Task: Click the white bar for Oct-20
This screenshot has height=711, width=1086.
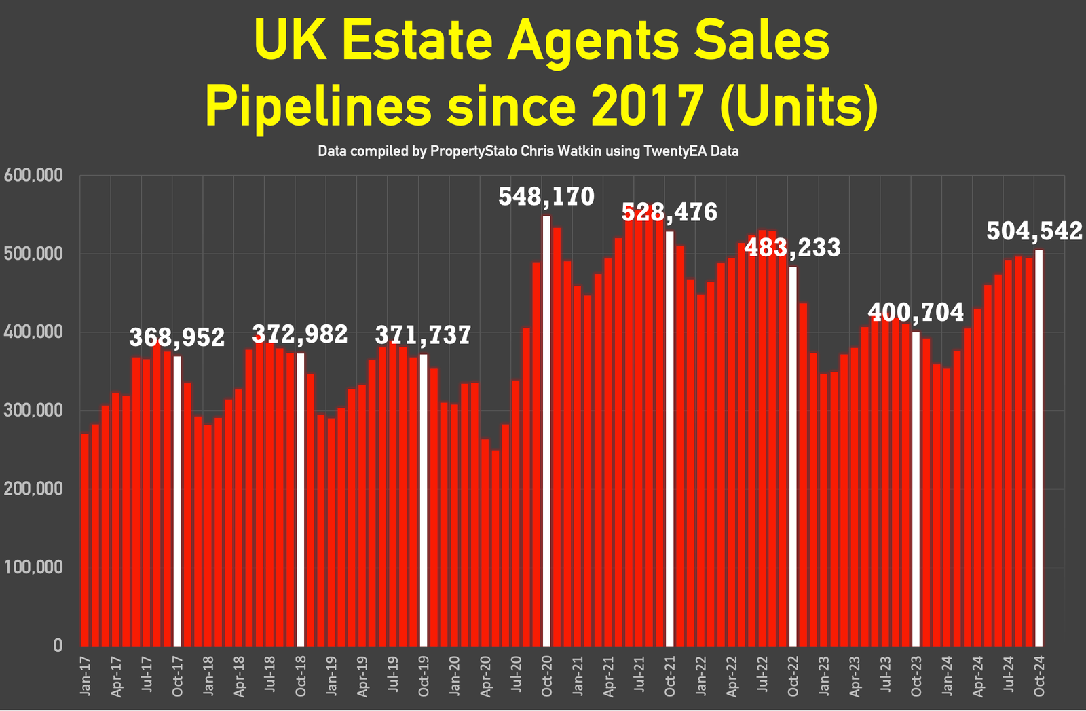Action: coord(546,431)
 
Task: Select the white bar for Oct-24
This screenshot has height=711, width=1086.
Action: coord(1038,448)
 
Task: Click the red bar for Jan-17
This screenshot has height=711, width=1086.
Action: coord(85,539)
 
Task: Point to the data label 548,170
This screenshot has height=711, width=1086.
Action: coord(546,197)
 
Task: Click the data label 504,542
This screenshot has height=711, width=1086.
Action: coord(1034,231)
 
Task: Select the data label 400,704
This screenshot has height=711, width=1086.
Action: coord(916,312)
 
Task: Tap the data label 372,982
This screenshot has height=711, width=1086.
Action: coord(300,334)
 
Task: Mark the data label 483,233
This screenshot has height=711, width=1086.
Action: coord(793,248)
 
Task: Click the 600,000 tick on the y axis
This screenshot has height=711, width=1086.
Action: coord(33,176)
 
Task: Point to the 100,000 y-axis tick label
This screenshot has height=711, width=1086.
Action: coord(33,567)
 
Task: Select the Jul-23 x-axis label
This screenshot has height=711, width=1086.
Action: coord(885,675)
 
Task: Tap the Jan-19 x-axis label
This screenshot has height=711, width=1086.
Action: coord(332,675)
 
